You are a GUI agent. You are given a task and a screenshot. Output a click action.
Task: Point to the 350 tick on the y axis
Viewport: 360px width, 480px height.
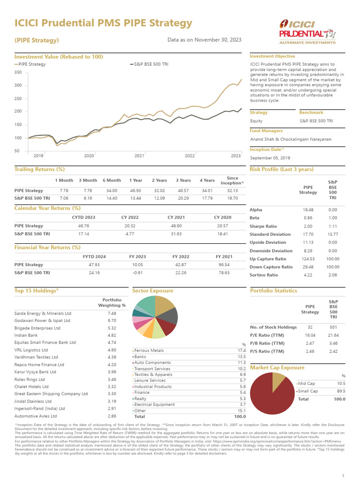click(x=18, y=72)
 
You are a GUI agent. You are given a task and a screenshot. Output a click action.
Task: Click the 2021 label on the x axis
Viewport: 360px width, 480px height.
click(x=139, y=155)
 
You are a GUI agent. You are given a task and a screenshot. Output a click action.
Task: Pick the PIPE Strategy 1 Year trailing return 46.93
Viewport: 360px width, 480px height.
click(x=135, y=190)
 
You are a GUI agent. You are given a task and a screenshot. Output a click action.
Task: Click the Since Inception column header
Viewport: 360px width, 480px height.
click(x=232, y=180)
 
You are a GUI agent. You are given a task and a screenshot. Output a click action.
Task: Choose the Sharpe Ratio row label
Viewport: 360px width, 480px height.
click(x=263, y=226)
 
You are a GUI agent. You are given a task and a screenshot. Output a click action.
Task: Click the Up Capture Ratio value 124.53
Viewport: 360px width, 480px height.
click(x=308, y=259)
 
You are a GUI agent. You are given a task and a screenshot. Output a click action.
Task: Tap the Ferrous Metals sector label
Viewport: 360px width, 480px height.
click(x=149, y=350)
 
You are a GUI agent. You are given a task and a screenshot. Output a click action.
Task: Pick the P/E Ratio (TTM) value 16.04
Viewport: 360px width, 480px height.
click(x=310, y=335)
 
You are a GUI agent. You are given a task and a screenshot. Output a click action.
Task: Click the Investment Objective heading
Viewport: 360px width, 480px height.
click(x=272, y=56)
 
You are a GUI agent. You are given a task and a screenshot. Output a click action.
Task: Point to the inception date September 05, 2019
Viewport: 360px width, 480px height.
click(x=270, y=157)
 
